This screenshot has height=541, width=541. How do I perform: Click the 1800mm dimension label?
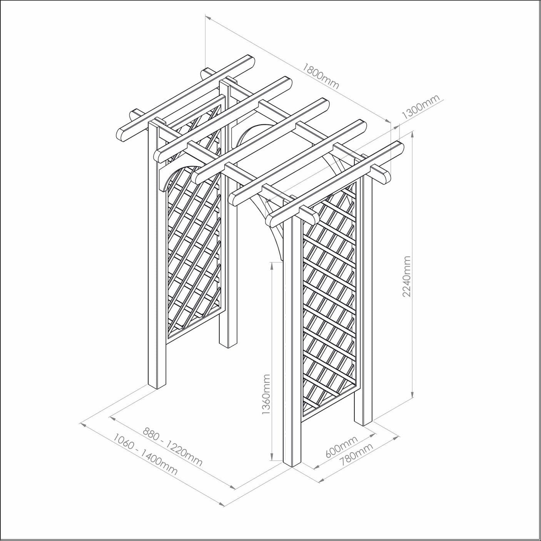pyautogui.click(x=321, y=76)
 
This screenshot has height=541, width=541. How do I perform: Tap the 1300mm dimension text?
pyautogui.click(x=421, y=107)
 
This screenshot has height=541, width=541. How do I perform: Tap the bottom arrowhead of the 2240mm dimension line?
pyautogui.click(x=413, y=396)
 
